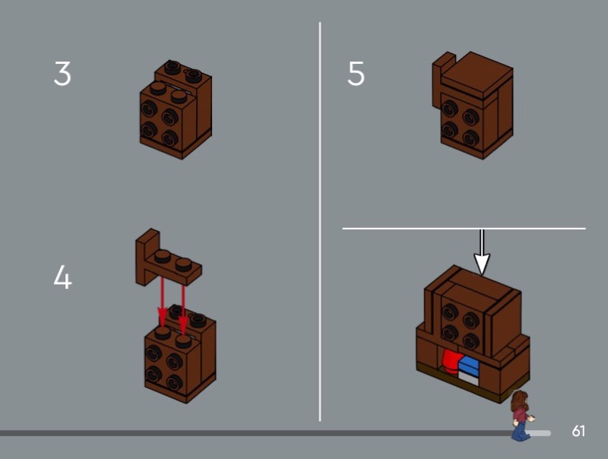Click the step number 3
(62, 73)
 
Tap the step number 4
(62, 277)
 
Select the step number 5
(356, 73)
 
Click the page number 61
(578, 431)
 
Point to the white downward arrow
(482, 252)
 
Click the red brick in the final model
(450, 360)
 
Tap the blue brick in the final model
(469, 365)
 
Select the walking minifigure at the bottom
(522, 416)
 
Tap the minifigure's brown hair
(518, 400)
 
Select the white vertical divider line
(320, 221)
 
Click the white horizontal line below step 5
(464, 228)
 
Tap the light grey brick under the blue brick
(468, 378)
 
